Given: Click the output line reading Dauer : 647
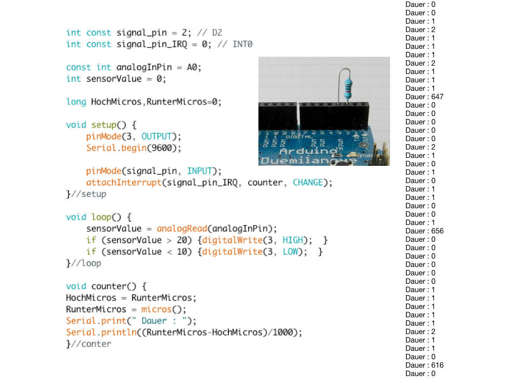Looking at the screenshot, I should pos(424,97).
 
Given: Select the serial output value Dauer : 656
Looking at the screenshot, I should pos(424,231).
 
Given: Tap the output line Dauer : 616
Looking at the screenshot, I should pos(424,365).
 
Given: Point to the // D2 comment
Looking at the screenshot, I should pos(210,33).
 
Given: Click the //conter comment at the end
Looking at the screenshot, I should pos(91,344).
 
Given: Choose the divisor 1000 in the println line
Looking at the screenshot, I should pos(283,332).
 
